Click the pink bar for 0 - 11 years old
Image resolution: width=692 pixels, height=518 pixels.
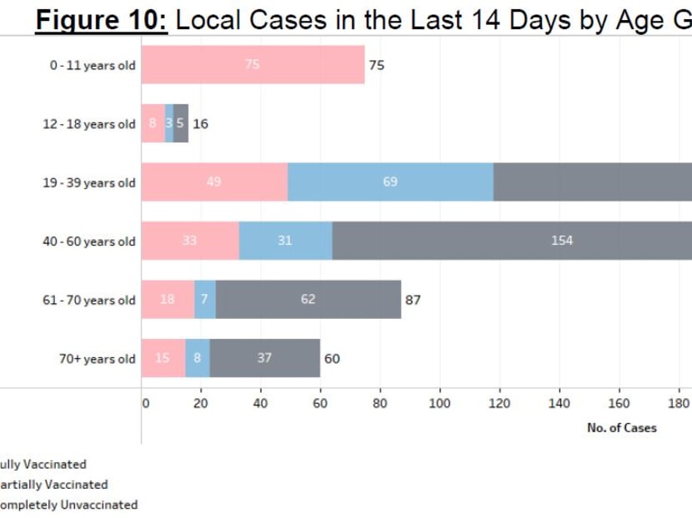253,65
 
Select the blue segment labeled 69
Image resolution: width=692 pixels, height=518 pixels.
390,182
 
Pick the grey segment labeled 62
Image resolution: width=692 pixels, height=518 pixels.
308,300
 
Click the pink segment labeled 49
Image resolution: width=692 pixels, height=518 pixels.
214,182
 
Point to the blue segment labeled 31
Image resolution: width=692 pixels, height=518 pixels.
285,241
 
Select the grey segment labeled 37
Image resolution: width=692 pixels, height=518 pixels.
264,358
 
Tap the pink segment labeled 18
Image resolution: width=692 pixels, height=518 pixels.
168,300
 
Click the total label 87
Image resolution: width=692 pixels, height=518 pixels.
413,300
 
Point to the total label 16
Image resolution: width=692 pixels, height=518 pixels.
200,124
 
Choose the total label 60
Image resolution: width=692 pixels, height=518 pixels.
332,359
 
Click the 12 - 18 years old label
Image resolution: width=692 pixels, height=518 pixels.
88,124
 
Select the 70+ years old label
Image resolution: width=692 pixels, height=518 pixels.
97,359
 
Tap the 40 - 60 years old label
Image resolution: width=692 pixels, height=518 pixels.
88,242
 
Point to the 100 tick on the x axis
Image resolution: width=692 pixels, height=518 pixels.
439,404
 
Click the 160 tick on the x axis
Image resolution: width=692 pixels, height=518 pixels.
619,404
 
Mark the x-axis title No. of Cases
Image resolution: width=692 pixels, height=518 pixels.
621,428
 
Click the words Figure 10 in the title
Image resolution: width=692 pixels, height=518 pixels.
102,19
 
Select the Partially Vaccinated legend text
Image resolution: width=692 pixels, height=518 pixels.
53,485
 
